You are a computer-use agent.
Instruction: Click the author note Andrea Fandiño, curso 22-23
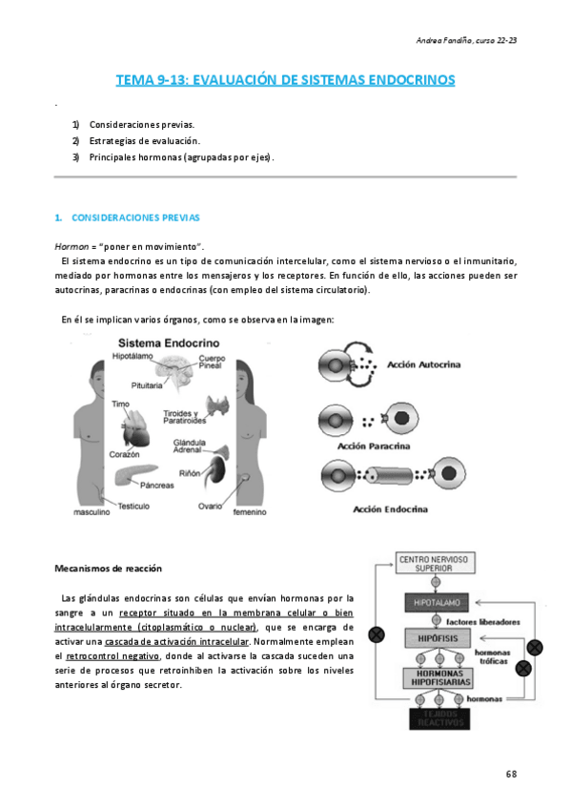[x=467, y=39]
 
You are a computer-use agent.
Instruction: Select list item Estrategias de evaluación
[x=144, y=141]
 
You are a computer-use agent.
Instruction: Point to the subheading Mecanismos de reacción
[x=108, y=569]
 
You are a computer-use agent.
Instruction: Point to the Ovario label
[x=211, y=506]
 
